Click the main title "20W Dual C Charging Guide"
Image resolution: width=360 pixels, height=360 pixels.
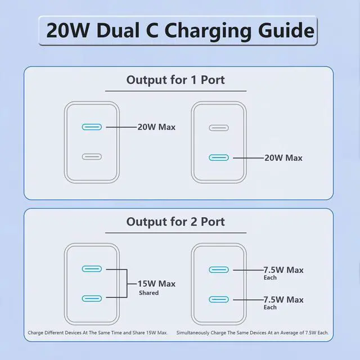[x=180, y=30]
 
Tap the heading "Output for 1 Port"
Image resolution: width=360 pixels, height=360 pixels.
[x=175, y=80]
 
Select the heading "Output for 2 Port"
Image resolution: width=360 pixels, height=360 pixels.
[x=175, y=222]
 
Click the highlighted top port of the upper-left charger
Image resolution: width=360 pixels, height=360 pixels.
[x=92, y=127]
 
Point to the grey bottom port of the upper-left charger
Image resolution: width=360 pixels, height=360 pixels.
[x=92, y=157]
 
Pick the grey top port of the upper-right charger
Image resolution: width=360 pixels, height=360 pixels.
[x=219, y=127]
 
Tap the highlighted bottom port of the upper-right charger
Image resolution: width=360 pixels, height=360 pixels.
[x=219, y=157]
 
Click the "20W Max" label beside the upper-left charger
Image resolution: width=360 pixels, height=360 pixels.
[x=156, y=127]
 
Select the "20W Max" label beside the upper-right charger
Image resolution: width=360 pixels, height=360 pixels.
[x=283, y=158]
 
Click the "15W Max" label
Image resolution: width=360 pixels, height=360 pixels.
[x=156, y=283]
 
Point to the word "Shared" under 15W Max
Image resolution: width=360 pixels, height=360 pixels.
[x=148, y=293]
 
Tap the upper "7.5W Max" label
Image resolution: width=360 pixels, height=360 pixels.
[x=283, y=270]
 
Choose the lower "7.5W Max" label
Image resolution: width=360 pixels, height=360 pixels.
[x=283, y=300]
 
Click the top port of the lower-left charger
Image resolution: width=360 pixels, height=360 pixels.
[x=92, y=269]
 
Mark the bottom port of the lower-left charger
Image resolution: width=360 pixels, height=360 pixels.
[x=92, y=299]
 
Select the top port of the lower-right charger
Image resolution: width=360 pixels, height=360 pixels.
[x=219, y=269]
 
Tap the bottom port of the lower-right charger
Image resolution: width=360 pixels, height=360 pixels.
[x=219, y=299]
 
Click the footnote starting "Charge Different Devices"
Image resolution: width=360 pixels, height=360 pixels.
[x=98, y=333]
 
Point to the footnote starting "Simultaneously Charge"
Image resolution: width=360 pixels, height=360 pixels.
[x=252, y=333]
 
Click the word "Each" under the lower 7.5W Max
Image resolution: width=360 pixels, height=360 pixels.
[x=270, y=308]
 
